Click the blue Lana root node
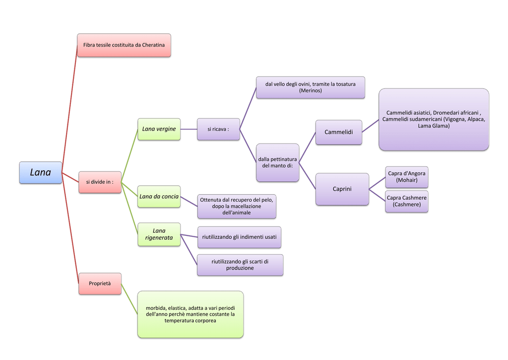[x=41, y=172]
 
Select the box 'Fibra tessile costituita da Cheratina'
[x=124, y=45]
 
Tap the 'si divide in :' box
[x=100, y=182]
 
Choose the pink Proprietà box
[x=100, y=284]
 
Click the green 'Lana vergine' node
[x=159, y=129]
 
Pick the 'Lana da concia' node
[x=159, y=196]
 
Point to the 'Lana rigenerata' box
[x=159, y=234]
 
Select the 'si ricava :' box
[x=218, y=129]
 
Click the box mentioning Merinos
[x=311, y=87]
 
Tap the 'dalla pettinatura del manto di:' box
[x=277, y=162]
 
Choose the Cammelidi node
[x=338, y=132]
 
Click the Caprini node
[x=342, y=189]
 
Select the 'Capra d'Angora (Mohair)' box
[x=407, y=177]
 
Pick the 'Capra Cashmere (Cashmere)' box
[x=407, y=202]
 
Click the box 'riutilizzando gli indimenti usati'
[x=239, y=237]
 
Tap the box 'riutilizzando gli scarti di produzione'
[x=240, y=265]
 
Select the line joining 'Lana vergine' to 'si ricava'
[x=189, y=129]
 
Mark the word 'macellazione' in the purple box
[x=246, y=206]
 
